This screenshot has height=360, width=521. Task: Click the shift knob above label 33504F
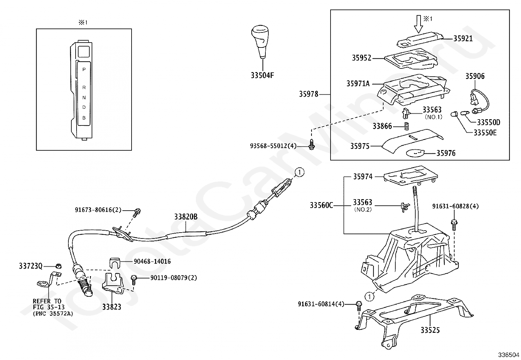(x=260, y=42)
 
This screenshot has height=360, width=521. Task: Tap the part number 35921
(x=463, y=39)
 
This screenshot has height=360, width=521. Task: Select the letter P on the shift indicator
(x=84, y=69)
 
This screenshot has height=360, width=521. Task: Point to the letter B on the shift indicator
(x=84, y=118)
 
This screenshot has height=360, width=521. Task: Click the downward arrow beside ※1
(x=419, y=24)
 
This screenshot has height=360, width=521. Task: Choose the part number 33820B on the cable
(x=186, y=217)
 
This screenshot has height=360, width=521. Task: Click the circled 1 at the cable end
(x=299, y=172)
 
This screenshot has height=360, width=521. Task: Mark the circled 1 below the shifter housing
(x=369, y=297)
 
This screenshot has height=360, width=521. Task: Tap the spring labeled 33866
(x=406, y=126)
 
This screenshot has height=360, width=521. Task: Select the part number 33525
(x=430, y=330)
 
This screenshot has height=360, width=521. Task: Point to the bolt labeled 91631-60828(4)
(x=454, y=225)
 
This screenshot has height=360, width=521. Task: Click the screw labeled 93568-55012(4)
(x=312, y=144)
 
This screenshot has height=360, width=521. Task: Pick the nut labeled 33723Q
(x=59, y=266)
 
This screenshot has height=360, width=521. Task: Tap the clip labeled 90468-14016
(x=115, y=263)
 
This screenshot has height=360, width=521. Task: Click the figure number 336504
(x=509, y=355)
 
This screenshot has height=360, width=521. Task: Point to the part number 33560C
(x=321, y=205)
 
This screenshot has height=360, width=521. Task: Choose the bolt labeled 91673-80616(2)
(x=137, y=213)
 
